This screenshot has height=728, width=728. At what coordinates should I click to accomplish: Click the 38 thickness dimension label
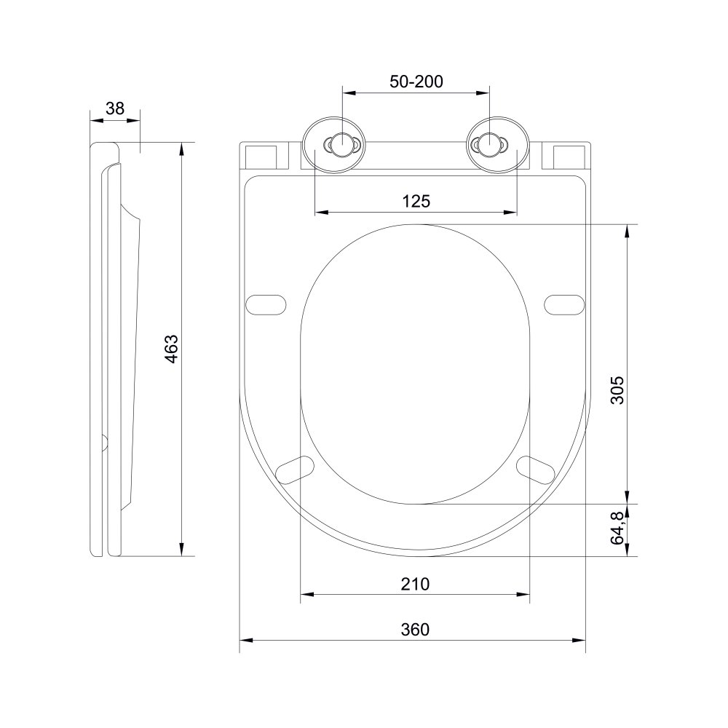point(115,108)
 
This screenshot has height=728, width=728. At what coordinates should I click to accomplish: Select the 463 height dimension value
point(170,349)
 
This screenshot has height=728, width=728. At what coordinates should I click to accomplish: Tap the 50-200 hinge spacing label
point(416,82)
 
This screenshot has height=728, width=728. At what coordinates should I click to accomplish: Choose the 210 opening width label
point(415,583)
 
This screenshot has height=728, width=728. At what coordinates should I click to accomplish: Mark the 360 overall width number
point(415,629)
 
